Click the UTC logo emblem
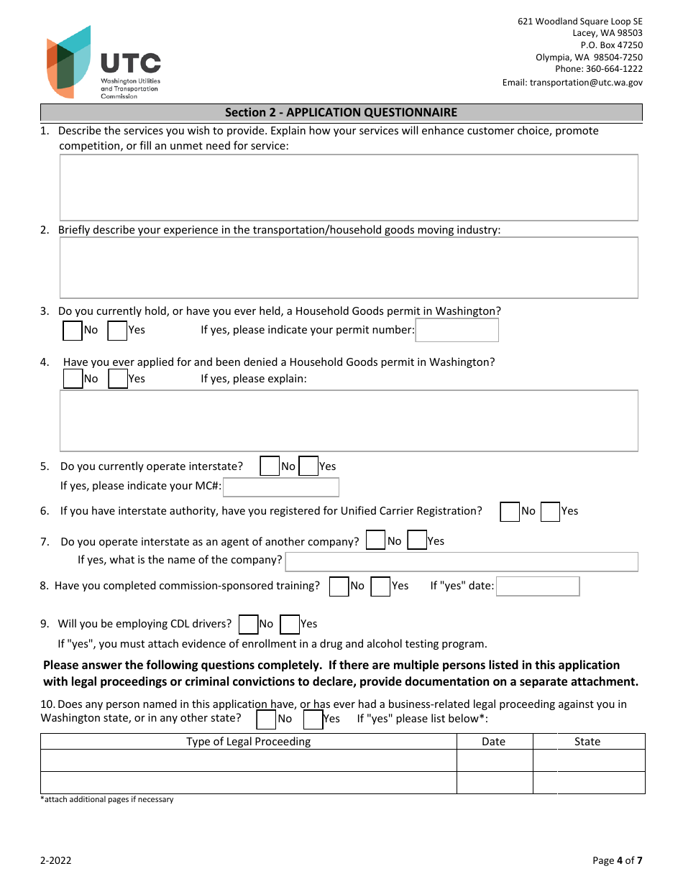pos(69,62)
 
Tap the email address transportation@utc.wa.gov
pos(572,83)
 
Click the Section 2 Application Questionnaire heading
pos(341,112)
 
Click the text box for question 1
pos(349,187)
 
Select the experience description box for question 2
pos(349,267)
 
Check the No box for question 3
pos(73,331)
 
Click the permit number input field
pos(457,331)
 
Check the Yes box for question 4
pos(118,379)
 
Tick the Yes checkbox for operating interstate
pos(308,466)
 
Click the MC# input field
pos(281,487)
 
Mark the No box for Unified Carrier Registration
pos(510,512)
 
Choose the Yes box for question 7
pos(417,540)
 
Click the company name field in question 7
pos(462,561)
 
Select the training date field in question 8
pos(538,586)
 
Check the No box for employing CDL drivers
pos(248,624)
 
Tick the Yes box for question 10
pos(313,719)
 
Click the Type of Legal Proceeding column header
pos(249,742)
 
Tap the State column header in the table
pos(587,742)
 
